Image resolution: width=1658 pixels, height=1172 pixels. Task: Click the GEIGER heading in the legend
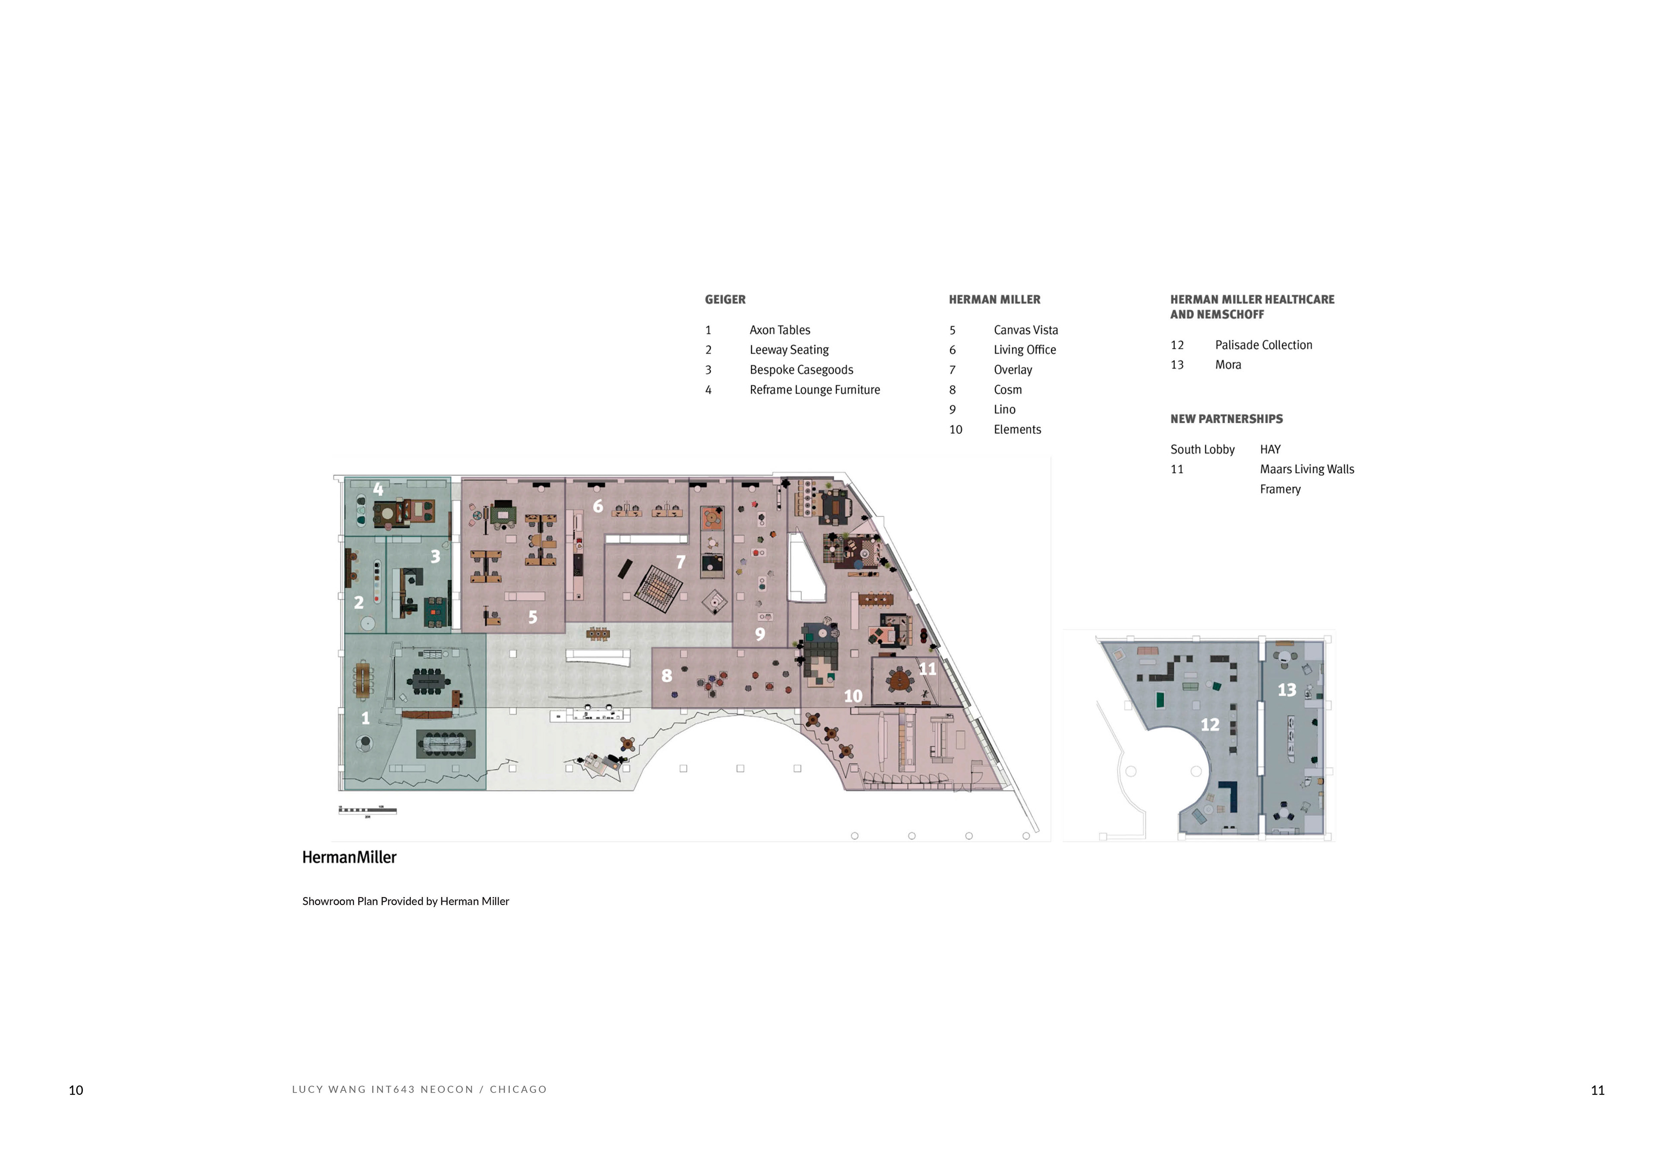pos(725,300)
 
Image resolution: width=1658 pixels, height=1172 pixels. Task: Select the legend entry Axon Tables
pos(779,330)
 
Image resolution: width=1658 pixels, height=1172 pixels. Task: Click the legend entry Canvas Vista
pos(1025,330)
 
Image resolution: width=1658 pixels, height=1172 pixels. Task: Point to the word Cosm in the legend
pos(1007,390)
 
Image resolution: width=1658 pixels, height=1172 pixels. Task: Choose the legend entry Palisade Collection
pos(1263,345)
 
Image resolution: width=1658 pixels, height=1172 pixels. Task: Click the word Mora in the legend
pos(1228,365)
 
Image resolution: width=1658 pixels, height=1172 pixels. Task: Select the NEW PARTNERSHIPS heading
pos(1226,419)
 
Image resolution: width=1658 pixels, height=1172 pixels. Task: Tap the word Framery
pos(1280,490)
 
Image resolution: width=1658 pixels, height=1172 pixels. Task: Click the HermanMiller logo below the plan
pos(349,857)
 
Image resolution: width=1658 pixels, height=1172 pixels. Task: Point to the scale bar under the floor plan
pos(367,810)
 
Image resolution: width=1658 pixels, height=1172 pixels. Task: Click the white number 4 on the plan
pos(378,489)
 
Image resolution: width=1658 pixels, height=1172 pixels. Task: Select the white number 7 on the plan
pos(680,562)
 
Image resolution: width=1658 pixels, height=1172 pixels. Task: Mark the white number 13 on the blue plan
pos(1286,690)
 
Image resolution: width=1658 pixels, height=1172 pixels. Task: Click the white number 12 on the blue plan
pos(1209,724)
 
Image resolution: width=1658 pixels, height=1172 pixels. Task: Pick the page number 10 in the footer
pos(76,1090)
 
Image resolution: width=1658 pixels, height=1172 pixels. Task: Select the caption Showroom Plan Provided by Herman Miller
pos(405,901)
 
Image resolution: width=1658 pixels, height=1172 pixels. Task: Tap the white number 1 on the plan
pos(365,718)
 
